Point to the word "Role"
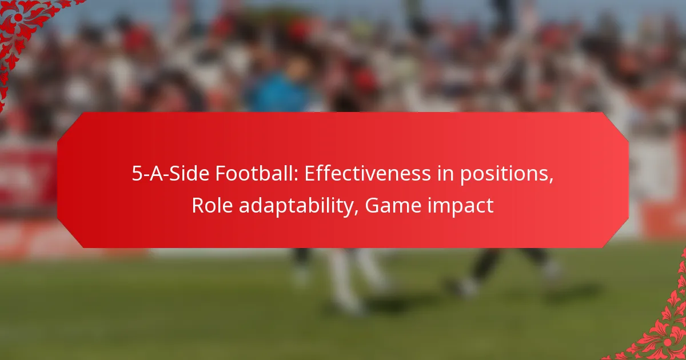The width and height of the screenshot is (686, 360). pos(211,205)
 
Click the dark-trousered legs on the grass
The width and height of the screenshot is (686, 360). pos(492,269)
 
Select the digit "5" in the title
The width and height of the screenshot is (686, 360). pos(137,174)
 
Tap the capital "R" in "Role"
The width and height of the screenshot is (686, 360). pos(197,205)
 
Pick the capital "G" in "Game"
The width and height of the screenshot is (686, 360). pos(372,205)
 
